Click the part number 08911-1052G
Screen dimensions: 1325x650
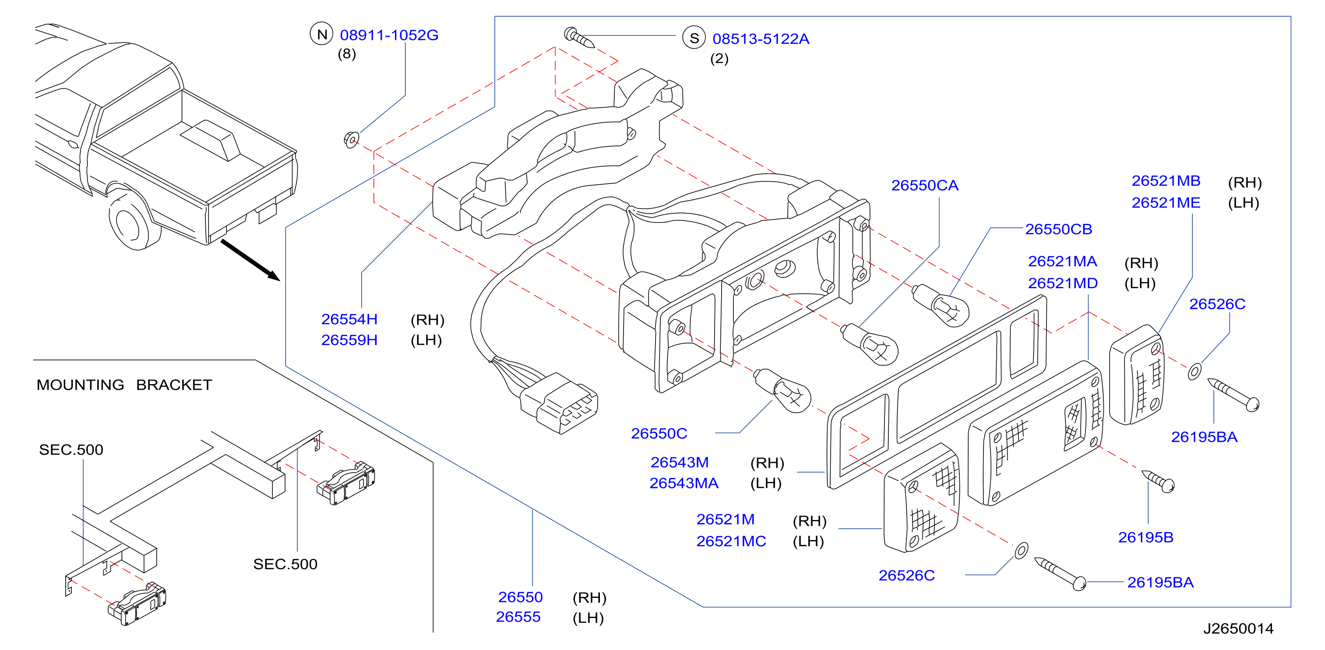point(389,35)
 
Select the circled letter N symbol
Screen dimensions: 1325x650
point(321,34)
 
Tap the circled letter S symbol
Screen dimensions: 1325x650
point(694,38)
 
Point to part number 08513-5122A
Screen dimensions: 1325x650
point(761,39)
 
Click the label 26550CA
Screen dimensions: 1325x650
point(924,185)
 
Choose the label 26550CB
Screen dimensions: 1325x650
point(1059,229)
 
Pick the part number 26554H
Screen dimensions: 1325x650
point(349,319)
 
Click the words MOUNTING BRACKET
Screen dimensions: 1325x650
point(124,385)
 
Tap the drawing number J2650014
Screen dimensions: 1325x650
point(1238,629)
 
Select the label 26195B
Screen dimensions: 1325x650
point(1145,537)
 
